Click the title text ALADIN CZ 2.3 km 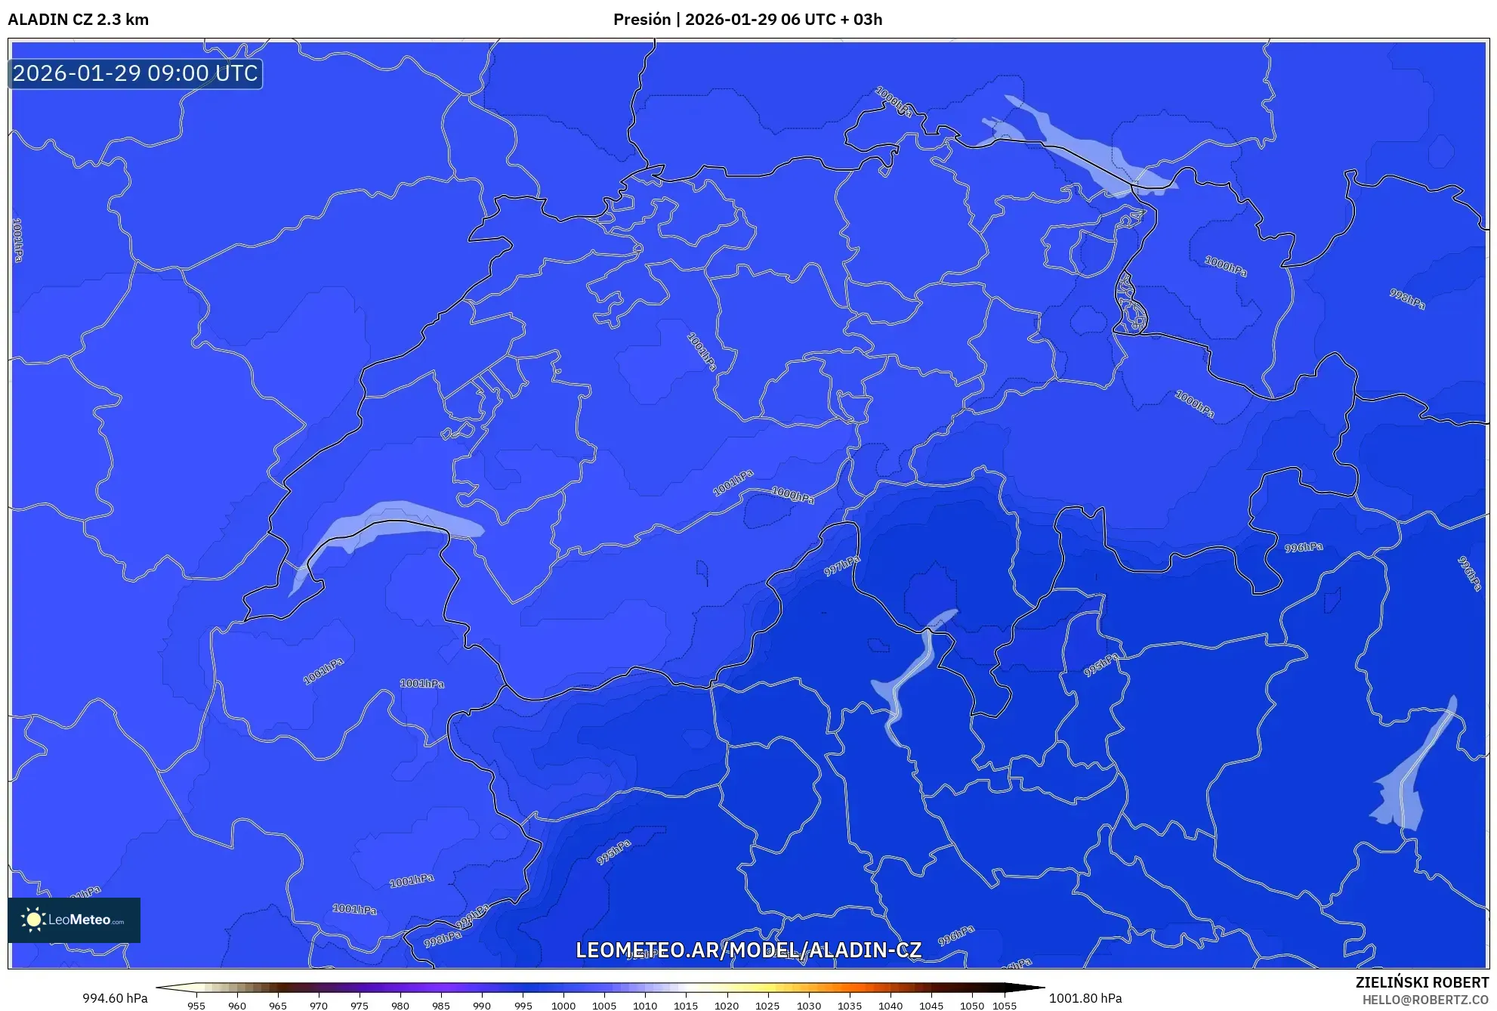pos(78,20)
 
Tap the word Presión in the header pos(641,20)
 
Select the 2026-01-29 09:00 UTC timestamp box pos(135,73)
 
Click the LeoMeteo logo pos(74,920)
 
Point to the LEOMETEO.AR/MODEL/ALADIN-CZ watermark pos(748,950)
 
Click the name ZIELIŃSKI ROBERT pos(1422,982)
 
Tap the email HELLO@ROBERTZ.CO pos(1425,1000)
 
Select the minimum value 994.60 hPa pos(115,998)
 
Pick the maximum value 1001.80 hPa pos(1085,998)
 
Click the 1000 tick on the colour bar pos(563,1005)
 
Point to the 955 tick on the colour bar pos(196,1005)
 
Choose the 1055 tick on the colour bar pos(1005,1005)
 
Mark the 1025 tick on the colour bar pos(767,1005)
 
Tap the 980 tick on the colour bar pos(400,1005)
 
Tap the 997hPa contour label pos(841,565)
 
